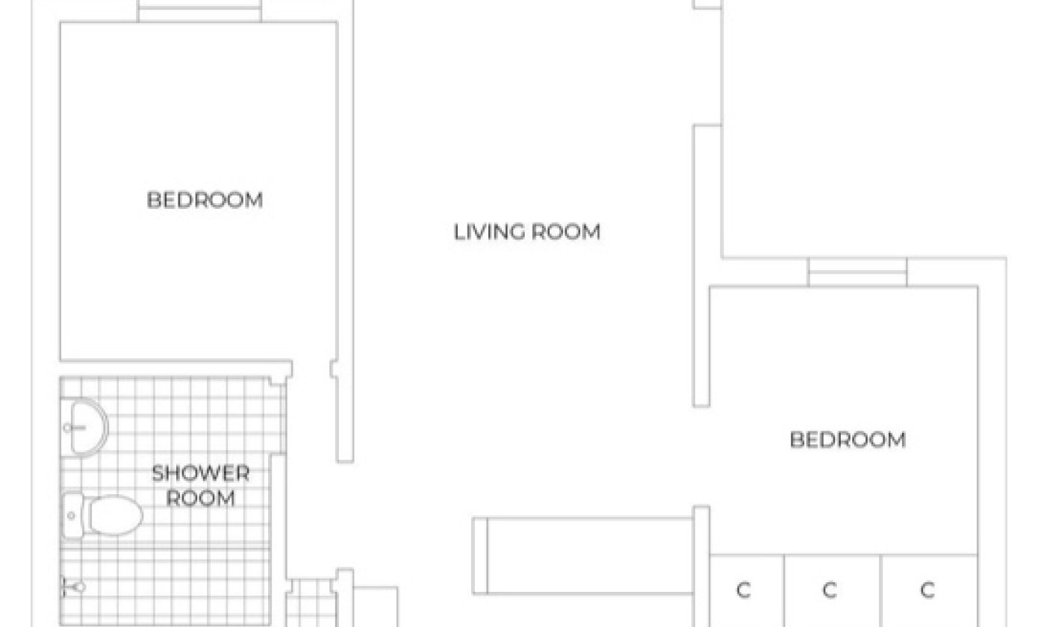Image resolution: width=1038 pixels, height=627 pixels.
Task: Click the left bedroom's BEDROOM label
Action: [205, 201]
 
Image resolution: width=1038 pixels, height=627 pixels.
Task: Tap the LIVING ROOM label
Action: [527, 232]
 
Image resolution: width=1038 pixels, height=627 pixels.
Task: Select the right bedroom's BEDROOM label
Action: [848, 440]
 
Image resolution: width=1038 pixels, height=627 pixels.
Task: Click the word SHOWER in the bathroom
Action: [201, 473]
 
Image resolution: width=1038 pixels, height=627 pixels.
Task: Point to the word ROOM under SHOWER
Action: [201, 499]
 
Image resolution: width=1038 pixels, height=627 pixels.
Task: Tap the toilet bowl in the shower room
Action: [116, 515]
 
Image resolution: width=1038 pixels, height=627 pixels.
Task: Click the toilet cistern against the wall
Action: [72, 516]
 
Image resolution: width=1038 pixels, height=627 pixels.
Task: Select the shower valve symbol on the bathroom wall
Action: [73, 587]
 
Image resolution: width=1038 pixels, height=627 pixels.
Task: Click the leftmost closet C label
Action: [743, 590]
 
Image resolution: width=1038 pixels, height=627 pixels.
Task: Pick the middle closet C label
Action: [830, 590]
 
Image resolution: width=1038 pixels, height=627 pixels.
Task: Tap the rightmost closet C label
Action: [927, 590]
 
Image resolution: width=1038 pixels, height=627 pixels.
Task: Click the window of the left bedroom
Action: [199, 11]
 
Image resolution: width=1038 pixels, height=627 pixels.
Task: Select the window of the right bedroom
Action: [857, 272]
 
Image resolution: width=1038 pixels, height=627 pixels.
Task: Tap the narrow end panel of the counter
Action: [480, 555]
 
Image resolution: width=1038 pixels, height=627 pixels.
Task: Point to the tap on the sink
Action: [73, 428]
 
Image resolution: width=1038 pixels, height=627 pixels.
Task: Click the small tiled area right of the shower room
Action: [311, 602]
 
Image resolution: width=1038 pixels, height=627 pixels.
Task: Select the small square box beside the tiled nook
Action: [376, 607]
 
